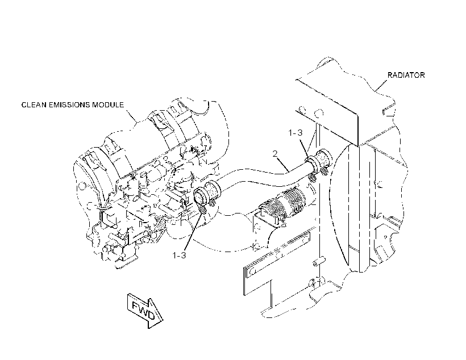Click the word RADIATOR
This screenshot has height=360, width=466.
(406, 75)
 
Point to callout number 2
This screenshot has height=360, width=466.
(275, 153)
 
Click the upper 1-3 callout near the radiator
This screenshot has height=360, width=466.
(296, 133)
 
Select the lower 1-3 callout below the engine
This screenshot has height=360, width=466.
(180, 255)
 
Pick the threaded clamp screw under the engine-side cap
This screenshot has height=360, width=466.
(202, 210)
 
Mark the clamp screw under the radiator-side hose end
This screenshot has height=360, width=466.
(312, 178)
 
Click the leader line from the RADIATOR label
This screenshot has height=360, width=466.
(381, 85)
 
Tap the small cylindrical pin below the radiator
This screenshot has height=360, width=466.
(319, 262)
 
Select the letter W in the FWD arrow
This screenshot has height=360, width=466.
(144, 309)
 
